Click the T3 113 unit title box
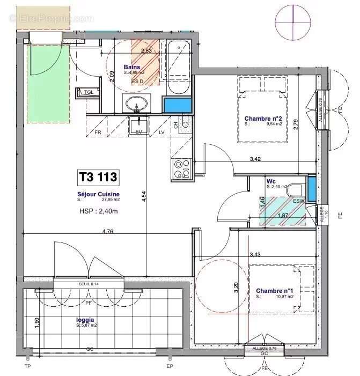tap(98, 176)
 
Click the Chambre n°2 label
tap(262, 119)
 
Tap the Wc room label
tap(271, 181)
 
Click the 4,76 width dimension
tap(110, 232)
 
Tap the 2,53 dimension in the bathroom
tap(146, 51)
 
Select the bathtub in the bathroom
tap(178, 68)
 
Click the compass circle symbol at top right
tap(293, 20)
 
